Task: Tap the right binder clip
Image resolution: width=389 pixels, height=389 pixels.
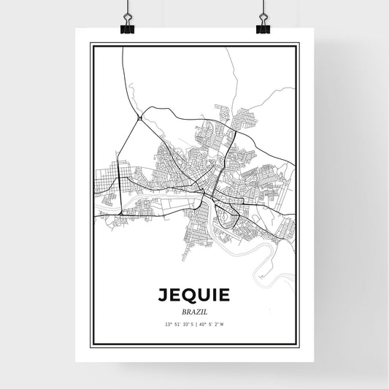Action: click(263, 25)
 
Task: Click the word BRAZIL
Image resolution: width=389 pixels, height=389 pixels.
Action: click(194, 309)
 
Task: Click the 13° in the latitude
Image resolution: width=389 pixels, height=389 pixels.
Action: click(169, 323)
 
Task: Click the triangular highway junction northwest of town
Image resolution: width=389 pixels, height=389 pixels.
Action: click(139, 117)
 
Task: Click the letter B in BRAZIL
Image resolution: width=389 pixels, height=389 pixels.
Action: click(182, 309)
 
